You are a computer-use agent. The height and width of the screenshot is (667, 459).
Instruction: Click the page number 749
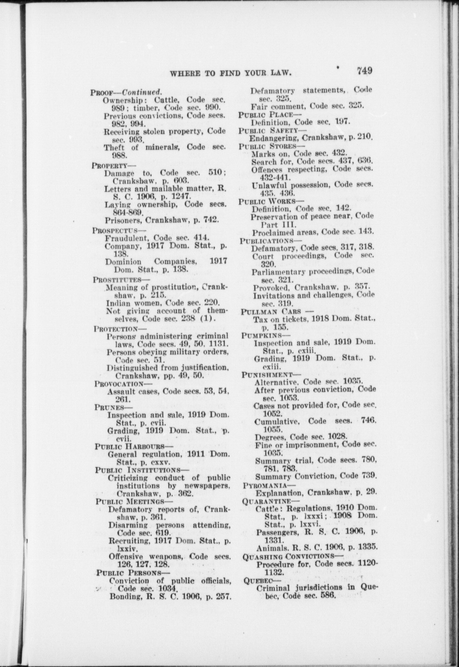tap(364, 71)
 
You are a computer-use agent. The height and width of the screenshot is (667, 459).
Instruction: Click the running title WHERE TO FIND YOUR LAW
tap(231, 73)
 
